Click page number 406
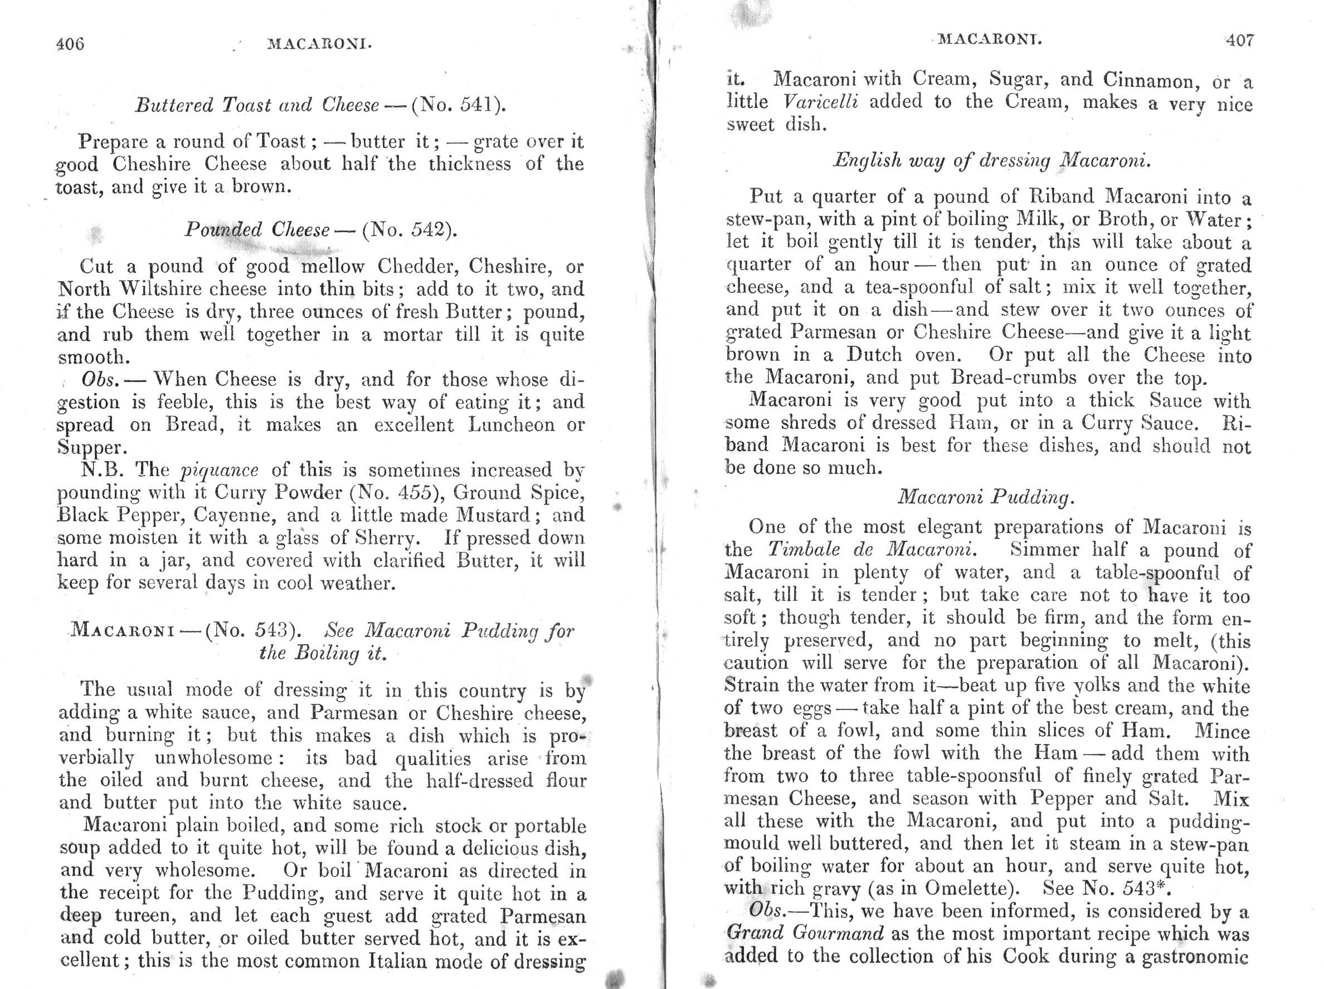(x=70, y=43)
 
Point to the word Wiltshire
(x=163, y=289)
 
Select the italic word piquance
(x=220, y=469)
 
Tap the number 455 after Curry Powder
(x=420, y=492)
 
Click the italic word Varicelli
(x=820, y=102)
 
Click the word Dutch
(x=874, y=355)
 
